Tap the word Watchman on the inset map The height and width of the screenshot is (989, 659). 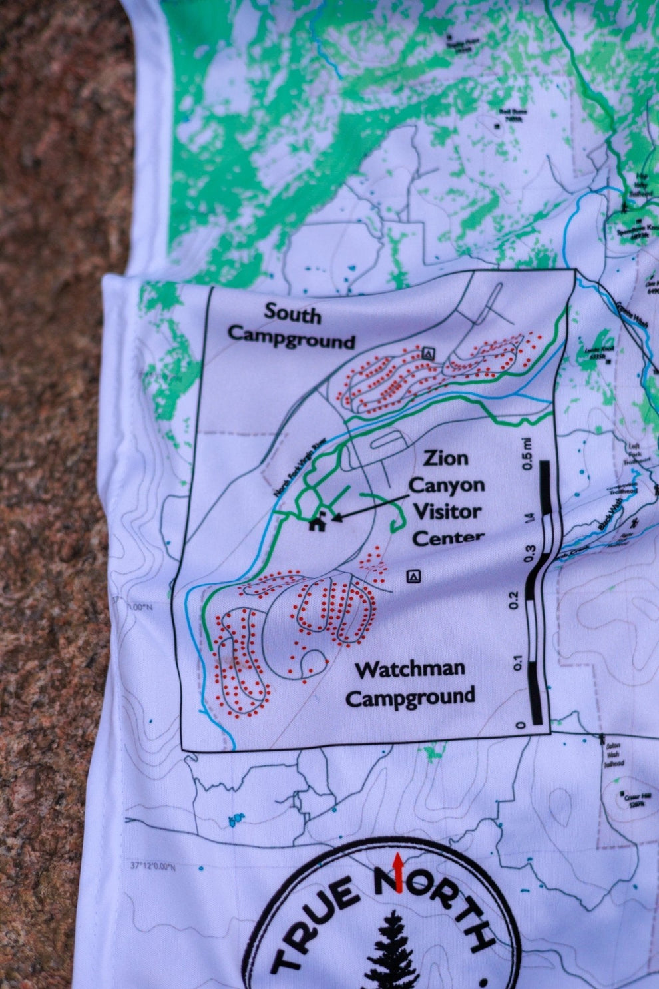tap(409, 669)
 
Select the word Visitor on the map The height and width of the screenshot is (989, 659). tap(447, 511)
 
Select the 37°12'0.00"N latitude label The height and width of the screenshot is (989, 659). tap(153, 866)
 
